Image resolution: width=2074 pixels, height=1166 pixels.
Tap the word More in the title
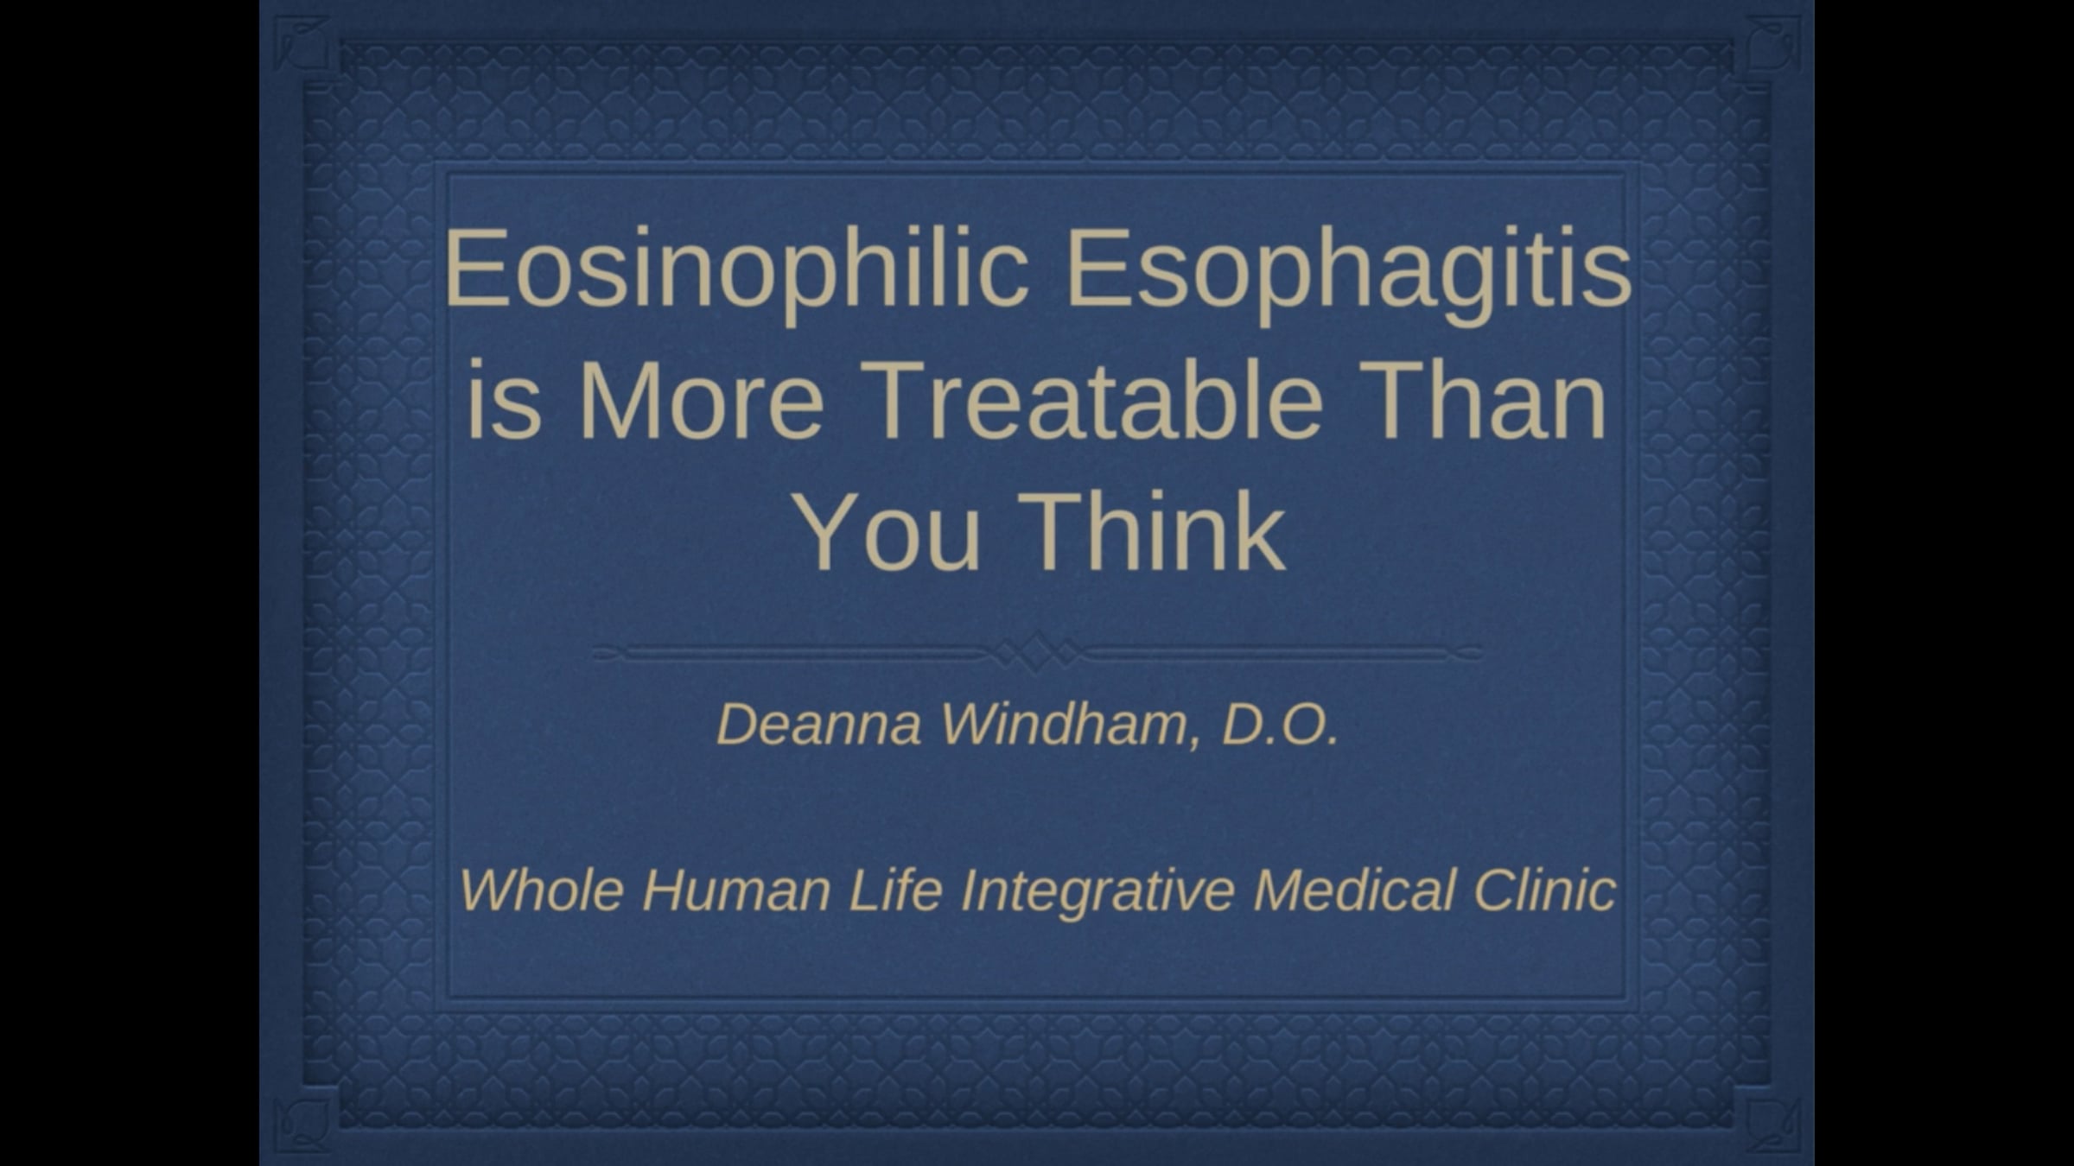tap(699, 400)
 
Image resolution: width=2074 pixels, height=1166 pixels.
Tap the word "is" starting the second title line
tap(505, 400)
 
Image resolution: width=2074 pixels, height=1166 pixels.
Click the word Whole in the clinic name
tap(542, 889)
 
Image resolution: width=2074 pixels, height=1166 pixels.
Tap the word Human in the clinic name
tap(736, 889)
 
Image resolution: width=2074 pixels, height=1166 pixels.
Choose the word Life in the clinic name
tap(895, 889)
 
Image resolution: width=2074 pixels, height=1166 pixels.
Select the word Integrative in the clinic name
tap(1097, 890)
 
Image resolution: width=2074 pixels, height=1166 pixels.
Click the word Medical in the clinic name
tap(1354, 889)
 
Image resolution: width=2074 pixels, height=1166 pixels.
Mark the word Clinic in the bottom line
tap(1544, 889)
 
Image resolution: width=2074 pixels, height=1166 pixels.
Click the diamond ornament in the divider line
tap(1037, 652)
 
